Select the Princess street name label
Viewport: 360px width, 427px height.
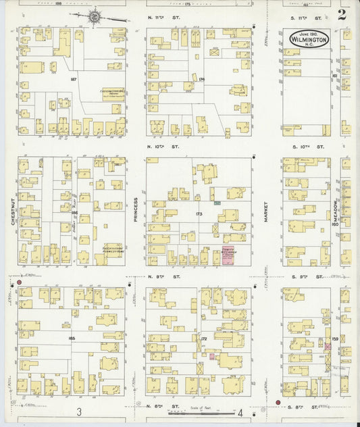coord(135,210)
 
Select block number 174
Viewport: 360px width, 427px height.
coord(201,79)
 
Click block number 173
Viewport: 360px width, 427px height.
coord(199,214)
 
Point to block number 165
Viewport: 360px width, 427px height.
coord(72,337)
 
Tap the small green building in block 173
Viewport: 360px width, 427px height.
coord(217,202)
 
